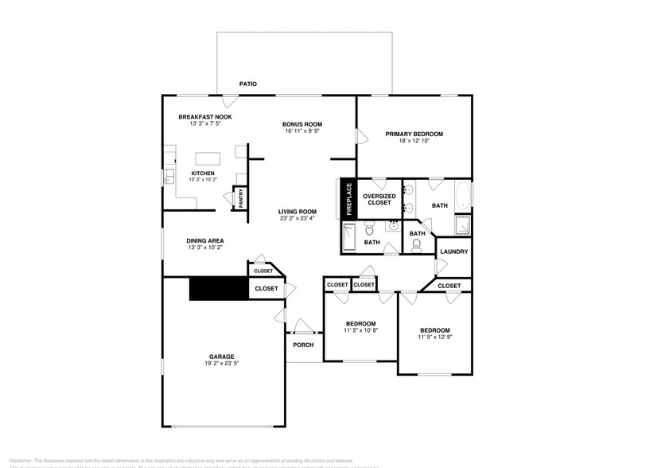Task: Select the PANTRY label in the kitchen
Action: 241,199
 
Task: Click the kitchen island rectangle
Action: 208,158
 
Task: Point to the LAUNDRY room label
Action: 453,252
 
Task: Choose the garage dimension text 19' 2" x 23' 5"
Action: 222,363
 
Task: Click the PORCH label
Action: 303,345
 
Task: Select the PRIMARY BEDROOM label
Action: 414,134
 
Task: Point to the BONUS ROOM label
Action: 302,124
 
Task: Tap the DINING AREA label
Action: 204,240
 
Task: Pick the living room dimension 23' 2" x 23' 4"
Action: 297,218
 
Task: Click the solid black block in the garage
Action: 219,288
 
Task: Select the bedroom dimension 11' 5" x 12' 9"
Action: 435,337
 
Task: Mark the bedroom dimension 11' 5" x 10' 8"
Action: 360,330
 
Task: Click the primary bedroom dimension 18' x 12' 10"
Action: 414,141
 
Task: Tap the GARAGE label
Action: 222,356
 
